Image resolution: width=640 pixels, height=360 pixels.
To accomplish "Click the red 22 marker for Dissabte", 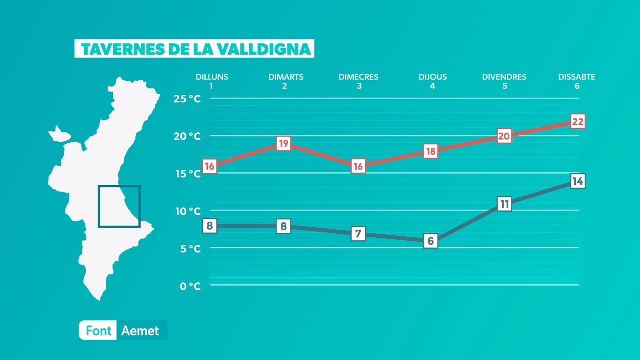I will [578, 122].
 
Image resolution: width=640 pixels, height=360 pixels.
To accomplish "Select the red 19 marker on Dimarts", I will [284, 144].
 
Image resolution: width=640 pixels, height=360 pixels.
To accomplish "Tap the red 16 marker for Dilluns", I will [210, 166].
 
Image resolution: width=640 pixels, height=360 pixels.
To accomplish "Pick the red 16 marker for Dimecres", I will [358, 166].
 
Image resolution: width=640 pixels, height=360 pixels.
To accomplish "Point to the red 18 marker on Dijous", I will [430, 151].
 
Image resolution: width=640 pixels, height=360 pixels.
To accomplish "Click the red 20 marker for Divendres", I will [504, 136].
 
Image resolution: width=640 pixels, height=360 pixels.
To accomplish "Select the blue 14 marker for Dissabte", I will [578, 181].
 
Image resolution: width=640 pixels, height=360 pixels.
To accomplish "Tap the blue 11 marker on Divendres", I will [504, 204].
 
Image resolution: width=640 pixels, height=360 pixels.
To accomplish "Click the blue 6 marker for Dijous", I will [430, 241].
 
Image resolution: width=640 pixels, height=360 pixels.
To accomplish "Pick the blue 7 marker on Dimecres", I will [358, 234].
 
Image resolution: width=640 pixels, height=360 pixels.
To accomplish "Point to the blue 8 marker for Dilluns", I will [210, 226].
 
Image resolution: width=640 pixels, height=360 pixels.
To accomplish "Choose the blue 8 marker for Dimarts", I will [284, 226].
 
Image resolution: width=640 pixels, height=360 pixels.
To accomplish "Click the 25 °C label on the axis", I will [187, 99].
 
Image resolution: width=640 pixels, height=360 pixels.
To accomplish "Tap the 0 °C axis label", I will [190, 286].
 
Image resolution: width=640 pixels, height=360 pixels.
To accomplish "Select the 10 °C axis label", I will [188, 211].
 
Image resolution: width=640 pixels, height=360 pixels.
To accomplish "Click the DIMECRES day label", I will [358, 77].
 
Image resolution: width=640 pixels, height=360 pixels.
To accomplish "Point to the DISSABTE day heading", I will [576, 77].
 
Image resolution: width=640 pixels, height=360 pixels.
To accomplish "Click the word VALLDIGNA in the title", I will [264, 49].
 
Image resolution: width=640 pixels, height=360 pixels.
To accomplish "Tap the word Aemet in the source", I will [140, 331].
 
